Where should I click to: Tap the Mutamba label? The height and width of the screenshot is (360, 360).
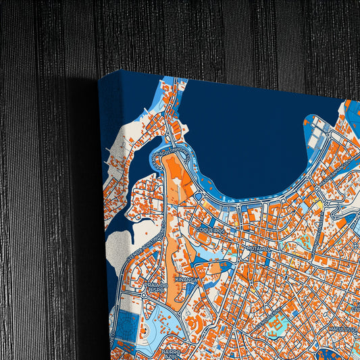(x=259, y=249)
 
